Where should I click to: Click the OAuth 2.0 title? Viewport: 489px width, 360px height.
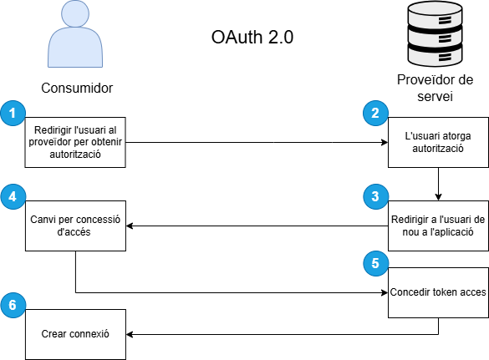tap(252, 37)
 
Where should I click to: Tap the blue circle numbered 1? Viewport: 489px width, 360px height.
tap(13, 113)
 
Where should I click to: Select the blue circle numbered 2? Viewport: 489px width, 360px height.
tap(375, 113)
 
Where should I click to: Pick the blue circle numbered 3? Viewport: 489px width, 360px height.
tap(375, 196)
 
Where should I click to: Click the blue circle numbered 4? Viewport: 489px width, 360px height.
tap(13, 196)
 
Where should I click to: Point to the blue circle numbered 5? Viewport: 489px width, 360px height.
tap(375, 263)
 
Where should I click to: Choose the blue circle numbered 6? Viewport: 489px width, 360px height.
tap(13, 305)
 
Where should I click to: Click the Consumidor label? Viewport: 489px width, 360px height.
tap(77, 88)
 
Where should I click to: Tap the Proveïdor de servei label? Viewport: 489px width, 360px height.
tap(435, 88)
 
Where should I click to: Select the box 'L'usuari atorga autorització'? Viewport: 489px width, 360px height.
tap(438, 143)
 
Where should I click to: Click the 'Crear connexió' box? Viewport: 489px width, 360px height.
tap(75, 334)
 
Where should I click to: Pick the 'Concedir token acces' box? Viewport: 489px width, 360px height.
tap(438, 292)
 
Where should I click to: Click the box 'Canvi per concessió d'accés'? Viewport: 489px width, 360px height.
tap(75, 226)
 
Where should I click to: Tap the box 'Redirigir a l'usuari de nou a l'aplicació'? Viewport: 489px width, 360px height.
tap(438, 226)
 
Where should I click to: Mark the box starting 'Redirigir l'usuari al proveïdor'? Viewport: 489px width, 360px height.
tap(75, 143)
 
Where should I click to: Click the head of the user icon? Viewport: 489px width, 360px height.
tap(75, 13)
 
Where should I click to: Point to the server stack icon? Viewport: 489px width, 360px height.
tap(435, 33)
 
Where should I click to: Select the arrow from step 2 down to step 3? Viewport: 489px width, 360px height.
tap(438, 185)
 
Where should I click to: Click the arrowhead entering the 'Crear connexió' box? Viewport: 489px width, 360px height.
tap(130, 334)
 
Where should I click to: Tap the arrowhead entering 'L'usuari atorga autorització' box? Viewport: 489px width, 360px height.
tap(385, 143)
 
